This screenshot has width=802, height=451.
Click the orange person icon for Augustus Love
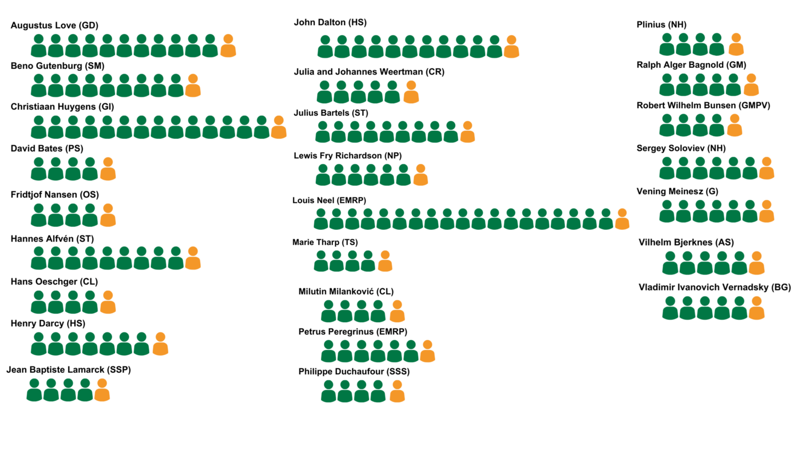[228, 46]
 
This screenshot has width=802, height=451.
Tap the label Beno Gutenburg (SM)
[58, 66]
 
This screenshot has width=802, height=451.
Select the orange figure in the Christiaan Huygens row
[279, 128]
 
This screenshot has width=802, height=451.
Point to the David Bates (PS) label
[47, 148]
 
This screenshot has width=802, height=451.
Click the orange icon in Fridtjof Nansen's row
[108, 215]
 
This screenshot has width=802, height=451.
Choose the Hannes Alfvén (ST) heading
[52, 239]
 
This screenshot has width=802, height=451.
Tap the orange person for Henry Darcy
[160, 344]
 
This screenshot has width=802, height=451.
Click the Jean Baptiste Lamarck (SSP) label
[69, 370]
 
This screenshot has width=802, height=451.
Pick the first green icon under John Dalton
[325, 47]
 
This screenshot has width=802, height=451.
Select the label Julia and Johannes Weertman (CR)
[369, 72]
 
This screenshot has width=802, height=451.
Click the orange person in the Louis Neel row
[622, 219]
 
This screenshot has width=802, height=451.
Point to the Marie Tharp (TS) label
[325, 243]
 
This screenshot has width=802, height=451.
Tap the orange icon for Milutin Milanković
[397, 312]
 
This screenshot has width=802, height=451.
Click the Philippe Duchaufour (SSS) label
[354, 372]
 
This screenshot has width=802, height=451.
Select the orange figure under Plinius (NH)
[736, 45]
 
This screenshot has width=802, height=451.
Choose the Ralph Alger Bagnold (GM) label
[691, 65]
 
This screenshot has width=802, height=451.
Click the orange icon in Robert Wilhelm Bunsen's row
[734, 126]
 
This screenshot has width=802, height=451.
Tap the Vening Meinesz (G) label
[677, 191]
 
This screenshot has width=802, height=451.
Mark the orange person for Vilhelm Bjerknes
[756, 264]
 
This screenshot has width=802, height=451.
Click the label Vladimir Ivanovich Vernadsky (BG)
[714, 288]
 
